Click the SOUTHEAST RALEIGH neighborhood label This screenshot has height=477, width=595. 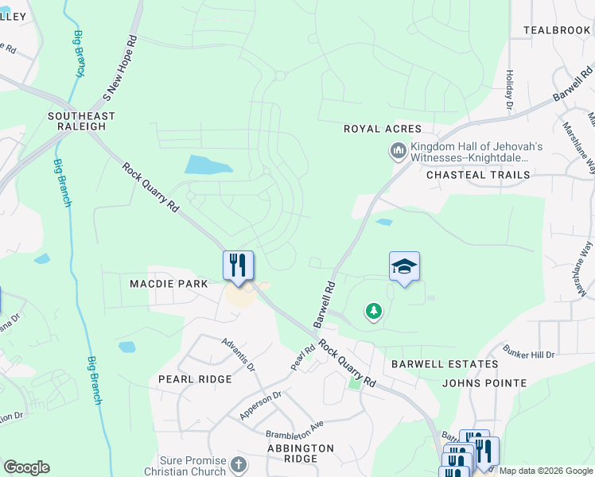81,121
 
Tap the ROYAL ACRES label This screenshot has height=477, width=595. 382,129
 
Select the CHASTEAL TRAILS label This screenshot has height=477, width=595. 477,175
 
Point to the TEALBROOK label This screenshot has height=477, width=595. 557,30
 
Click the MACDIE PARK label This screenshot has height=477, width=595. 169,284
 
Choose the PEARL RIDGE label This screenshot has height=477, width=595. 195,379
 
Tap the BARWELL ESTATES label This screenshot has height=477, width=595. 445,364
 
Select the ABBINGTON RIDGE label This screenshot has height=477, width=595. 300,453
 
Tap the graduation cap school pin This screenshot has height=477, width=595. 404,266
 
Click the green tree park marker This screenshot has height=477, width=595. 373,311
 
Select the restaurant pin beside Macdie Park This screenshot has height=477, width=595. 237,265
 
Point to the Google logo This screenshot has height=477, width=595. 26,467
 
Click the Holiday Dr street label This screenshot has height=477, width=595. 508,89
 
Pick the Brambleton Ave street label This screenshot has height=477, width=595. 295,430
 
